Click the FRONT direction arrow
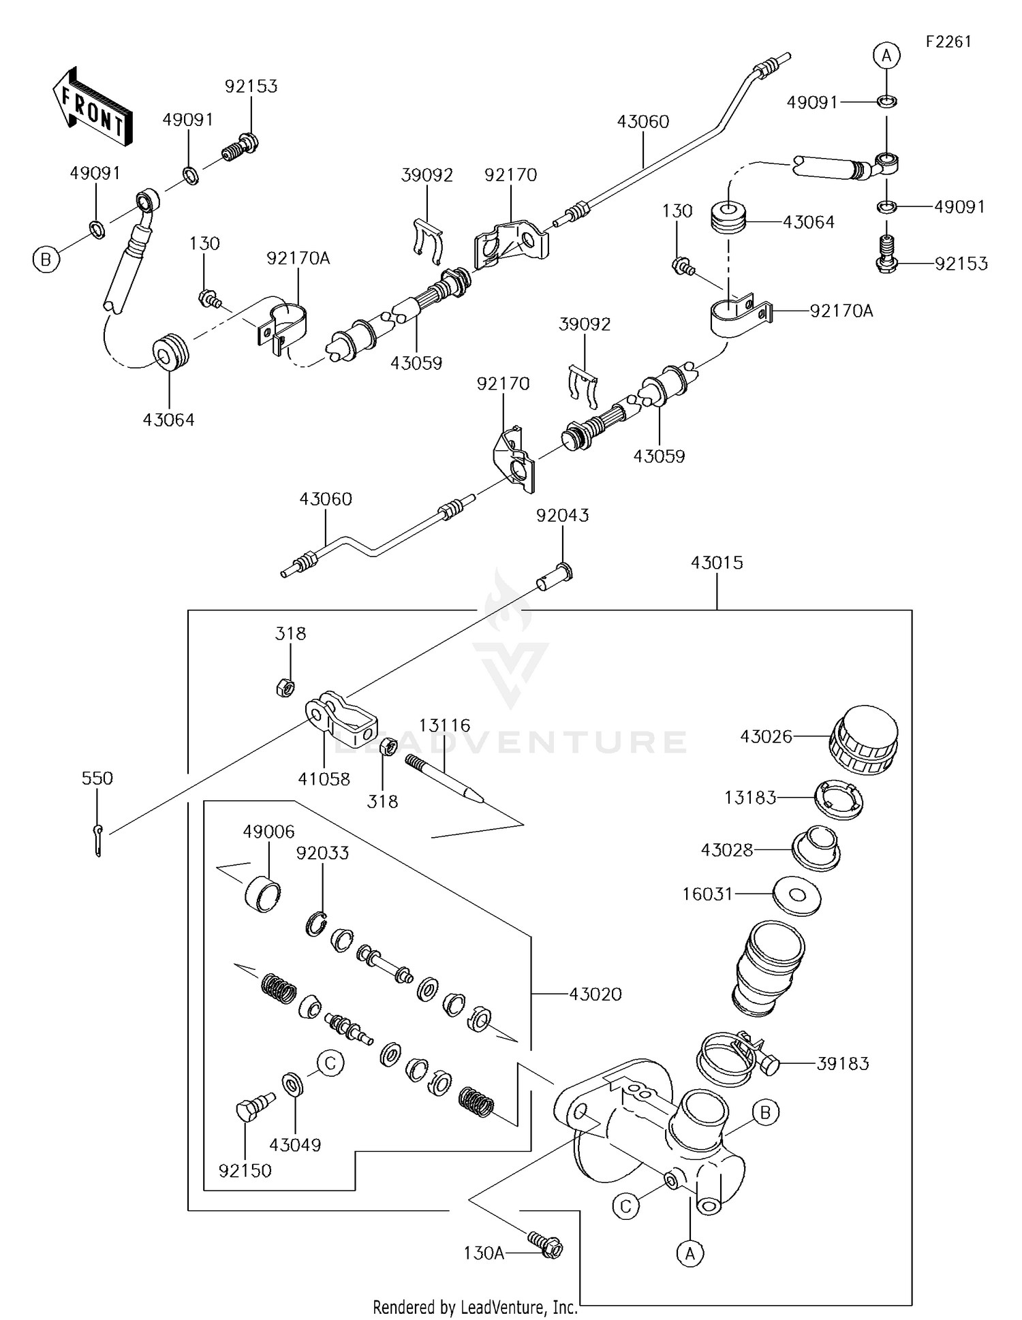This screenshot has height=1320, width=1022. click(x=92, y=107)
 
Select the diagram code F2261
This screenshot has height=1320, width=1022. click(x=948, y=42)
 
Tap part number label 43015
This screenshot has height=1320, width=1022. click(x=717, y=563)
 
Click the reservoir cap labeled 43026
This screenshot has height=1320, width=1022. click(x=863, y=740)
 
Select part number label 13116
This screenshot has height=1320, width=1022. click(x=444, y=725)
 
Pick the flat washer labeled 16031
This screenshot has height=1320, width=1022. click(x=796, y=895)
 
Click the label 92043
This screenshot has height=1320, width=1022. click(x=562, y=516)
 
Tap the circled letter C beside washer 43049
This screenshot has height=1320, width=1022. click(x=330, y=1063)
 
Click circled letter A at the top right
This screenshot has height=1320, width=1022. click(x=886, y=55)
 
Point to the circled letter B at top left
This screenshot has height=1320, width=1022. click(x=46, y=260)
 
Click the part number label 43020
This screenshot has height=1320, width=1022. click(x=595, y=994)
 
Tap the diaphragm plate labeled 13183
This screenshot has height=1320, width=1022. click(x=839, y=799)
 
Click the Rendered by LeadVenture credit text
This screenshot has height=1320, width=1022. click(x=475, y=1307)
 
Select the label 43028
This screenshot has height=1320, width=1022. click(x=727, y=849)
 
